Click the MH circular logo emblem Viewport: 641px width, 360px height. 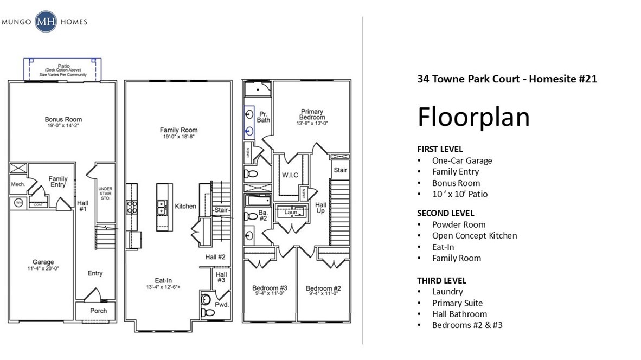point(46,22)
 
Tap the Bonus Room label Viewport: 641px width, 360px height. point(63,119)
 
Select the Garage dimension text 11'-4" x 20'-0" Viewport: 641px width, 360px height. point(43,268)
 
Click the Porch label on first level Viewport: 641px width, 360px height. point(98,311)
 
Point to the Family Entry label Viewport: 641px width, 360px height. point(58,182)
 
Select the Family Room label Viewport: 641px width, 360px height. point(178,130)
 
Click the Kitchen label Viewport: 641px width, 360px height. point(185,206)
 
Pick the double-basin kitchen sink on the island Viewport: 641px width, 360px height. point(161,207)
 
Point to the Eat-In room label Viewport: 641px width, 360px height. point(163,280)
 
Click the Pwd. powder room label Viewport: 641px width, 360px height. point(221,305)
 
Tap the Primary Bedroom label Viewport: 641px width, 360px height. point(312,114)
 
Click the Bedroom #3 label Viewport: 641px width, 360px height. point(270,288)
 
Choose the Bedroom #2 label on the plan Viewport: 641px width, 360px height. point(323,288)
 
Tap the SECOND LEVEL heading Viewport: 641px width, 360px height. point(445,213)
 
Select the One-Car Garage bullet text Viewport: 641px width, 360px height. point(461,160)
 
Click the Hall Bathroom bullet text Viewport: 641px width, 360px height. point(459,314)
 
